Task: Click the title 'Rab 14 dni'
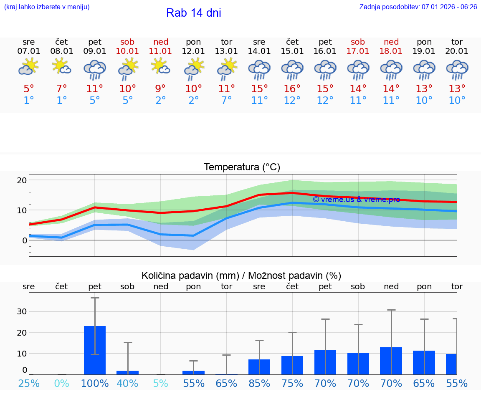193,13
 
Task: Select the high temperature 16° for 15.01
292,89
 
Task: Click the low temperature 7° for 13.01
226,100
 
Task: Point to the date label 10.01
128,51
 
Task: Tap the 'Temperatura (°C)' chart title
242,167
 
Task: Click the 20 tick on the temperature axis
22,180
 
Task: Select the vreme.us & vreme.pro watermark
356,200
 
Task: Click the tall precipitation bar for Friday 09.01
95,350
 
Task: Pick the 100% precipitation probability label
95,383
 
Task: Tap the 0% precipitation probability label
62,383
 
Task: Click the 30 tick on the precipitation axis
22,311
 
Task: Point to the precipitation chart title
241,276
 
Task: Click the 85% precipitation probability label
259,383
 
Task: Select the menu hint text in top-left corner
46,7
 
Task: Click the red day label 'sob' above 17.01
358,42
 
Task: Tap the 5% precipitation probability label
161,383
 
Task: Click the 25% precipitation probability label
29,383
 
